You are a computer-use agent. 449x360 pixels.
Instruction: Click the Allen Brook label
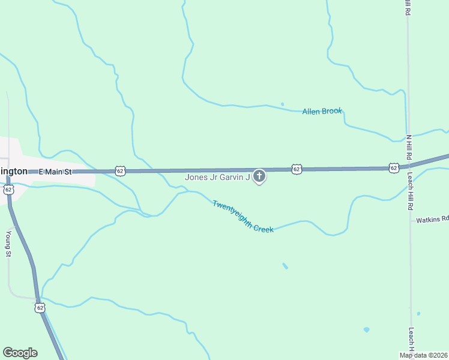[322, 111]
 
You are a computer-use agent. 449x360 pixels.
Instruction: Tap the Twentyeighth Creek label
[243, 216]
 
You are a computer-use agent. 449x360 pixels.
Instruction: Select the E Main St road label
[55, 172]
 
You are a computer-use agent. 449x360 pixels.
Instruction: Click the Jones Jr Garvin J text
[217, 177]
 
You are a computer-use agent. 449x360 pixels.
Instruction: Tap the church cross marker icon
[259, 176]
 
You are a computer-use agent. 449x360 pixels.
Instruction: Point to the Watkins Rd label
[432, 219]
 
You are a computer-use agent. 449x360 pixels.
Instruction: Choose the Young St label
[8, 244]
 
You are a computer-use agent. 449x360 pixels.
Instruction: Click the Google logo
[20, 353]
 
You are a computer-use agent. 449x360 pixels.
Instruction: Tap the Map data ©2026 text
[424, 355]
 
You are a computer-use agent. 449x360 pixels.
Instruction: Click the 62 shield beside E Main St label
[121, 171]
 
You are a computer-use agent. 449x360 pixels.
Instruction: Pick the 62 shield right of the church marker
[297, 170]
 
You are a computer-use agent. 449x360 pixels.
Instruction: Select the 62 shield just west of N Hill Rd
[393, 168]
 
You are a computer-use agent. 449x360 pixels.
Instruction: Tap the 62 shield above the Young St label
[8, 190]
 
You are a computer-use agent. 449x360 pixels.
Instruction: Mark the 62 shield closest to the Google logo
[40, 308]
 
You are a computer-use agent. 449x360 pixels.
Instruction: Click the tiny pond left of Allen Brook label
[282, 104]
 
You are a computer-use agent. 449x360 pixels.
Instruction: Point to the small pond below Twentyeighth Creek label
[285, 266]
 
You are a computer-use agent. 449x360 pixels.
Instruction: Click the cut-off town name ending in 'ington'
[13, 171]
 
